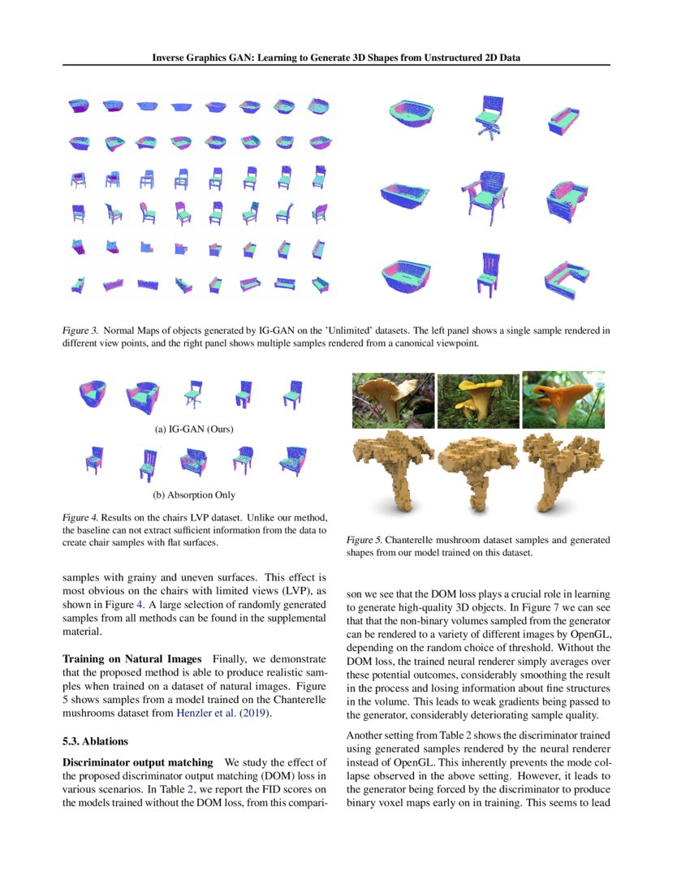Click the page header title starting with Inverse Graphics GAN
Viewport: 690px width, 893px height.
(337, 57)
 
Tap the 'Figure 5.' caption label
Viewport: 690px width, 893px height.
(364, 540)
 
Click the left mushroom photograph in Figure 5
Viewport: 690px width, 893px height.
(393, 400)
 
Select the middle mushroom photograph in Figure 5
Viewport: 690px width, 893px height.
(478, 400)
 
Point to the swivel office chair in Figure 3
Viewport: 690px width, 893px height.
(485, 120)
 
